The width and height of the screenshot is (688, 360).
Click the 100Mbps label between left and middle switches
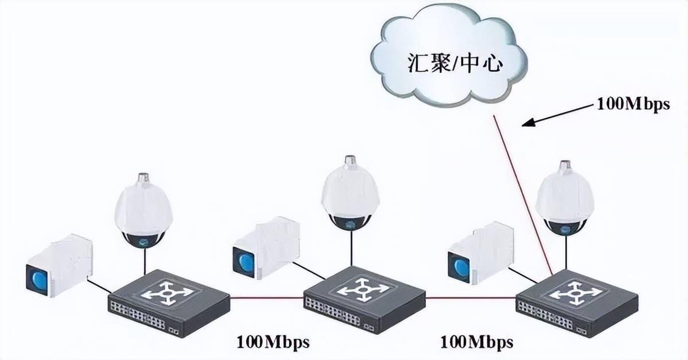point(273,342)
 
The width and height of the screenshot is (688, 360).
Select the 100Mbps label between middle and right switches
point(476,342)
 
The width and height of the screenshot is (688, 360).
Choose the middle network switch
point(364,299)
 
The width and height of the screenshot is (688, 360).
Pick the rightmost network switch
point(576,302)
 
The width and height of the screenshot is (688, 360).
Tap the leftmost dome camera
point(144,209)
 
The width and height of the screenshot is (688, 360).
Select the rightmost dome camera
point(564,198)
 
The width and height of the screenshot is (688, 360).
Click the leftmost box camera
point(60,265)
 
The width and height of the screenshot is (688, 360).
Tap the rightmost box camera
point(480,253)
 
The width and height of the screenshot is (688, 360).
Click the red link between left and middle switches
point(267,298)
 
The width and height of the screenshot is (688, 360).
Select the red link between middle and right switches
point(470,298)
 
